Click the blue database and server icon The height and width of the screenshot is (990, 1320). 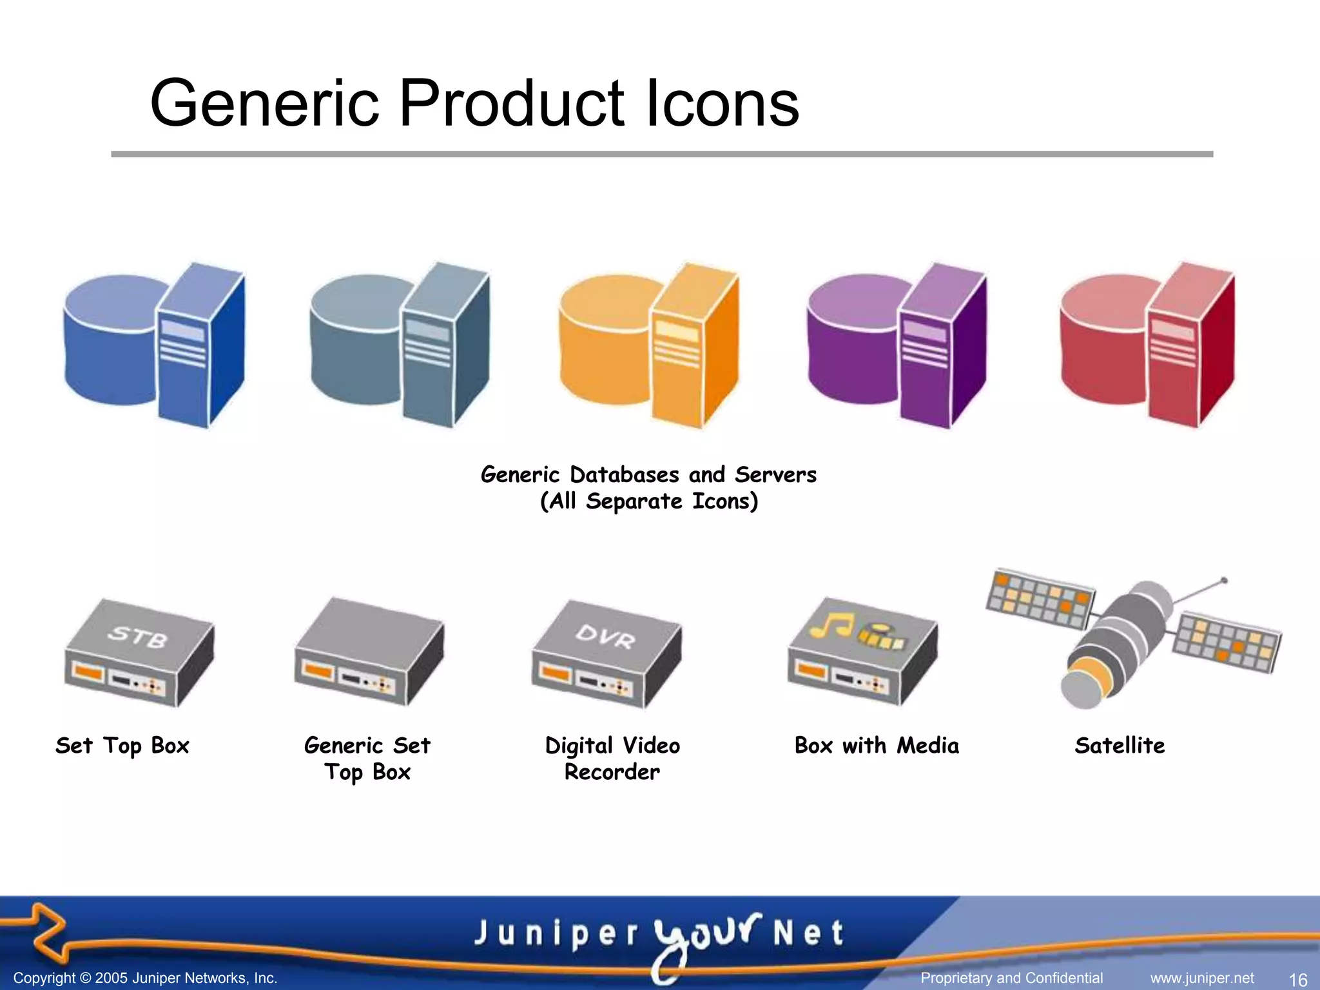click(155, 345)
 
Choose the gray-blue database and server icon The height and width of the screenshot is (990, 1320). click(400, 345)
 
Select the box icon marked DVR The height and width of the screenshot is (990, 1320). click(606, 654)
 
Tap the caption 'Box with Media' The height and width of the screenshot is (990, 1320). click(877, 746)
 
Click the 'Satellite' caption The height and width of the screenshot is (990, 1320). click(1120, 746)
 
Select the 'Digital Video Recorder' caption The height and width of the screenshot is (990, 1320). click(612, 759)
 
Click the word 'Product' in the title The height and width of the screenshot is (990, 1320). click(512, 103)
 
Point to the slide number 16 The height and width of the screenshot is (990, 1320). click(1297, 979)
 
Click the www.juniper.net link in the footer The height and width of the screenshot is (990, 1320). click(1202, 978)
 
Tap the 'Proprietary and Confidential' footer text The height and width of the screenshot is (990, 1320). click(1012, 978)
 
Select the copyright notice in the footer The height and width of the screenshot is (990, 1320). click(146, 978)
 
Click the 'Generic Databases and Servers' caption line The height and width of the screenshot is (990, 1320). click(648, 475)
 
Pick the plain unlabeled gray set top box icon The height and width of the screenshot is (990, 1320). click(369, 651)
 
